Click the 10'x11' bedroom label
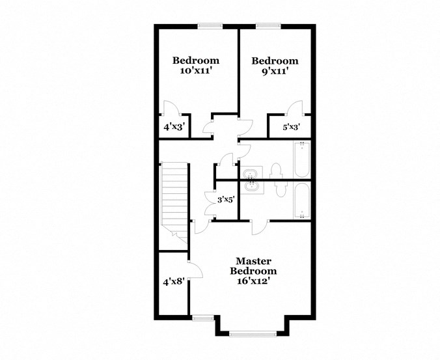tap(195, 66)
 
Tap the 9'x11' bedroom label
tap(275, 66)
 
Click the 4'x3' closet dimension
tap(174, 128)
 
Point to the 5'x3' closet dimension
tap(290, 128)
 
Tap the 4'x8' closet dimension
tap(174, 282)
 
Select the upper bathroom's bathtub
tap(301, 161)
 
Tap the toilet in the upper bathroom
tap(274, 172)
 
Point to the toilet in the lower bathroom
tap(281, 189)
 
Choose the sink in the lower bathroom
tap(252, 187)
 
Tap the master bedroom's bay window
tap(251, 334)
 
